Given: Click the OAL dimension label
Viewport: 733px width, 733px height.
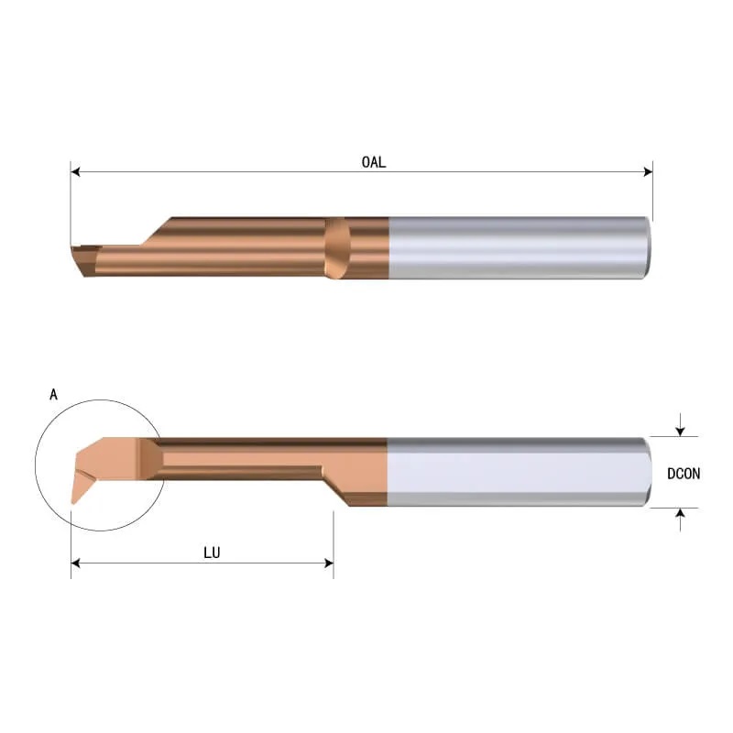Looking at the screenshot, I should [x=372, y=162].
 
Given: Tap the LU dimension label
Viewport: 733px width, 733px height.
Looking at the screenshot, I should [x=210, y=553].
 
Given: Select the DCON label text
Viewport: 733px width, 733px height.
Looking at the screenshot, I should [x=684, y=474].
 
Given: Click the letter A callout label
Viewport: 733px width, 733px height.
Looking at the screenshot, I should [x=53, y=395].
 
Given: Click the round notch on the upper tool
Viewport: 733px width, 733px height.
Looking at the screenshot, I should [x=338, y=247].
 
